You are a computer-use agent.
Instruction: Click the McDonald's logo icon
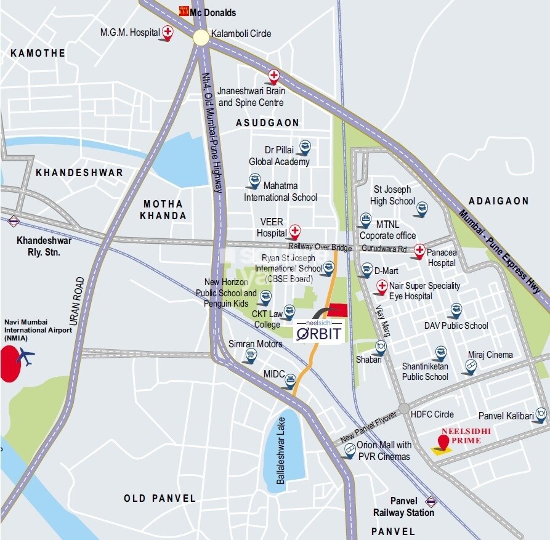tap(184, 10)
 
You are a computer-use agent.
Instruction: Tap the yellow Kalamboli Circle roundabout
tap(201, 37)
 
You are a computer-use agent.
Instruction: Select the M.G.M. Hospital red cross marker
tap(166, 31)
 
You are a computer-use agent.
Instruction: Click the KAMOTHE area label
tap(38, 54)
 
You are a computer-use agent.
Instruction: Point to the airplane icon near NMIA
tap(26, 356)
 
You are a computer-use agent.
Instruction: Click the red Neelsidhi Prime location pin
tap(443, 442)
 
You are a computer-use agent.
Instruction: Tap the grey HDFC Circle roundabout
tap(403, 408)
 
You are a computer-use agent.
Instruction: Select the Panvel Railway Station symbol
tap(431, 501)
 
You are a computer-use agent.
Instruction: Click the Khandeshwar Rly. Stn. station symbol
tap(14, 222)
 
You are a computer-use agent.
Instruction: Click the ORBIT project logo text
tap(319, 333)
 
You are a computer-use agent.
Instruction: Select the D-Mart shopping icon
tap(366, 270)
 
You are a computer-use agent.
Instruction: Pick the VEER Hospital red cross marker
tap(295, 232)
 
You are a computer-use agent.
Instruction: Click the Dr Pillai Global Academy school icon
tap(304, 147)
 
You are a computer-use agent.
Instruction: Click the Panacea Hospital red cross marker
tap(419, 251)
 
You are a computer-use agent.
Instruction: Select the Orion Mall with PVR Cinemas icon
tap(349, 451)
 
